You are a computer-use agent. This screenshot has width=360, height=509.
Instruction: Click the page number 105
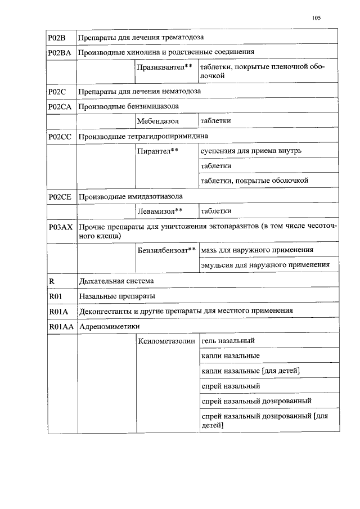click(316, 18)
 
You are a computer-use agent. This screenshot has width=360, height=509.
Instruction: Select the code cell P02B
click(57, 37)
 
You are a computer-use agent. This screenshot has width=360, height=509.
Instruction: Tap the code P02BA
click(60, 52)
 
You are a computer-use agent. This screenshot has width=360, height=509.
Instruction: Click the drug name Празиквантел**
click(164, 67)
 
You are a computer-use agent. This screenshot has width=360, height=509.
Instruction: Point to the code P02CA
click(60, 106)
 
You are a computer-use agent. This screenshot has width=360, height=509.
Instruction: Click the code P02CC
click(60, 136)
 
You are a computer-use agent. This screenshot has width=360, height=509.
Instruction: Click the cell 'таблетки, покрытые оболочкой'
click(254, 181)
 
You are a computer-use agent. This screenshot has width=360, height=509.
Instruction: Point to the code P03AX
click(60, 227)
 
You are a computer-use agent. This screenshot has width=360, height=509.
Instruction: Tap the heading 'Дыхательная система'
click(116, 280)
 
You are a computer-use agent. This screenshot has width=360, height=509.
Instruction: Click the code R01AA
click(60, 326)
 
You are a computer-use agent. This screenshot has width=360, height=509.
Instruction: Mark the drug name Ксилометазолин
click(166, 341)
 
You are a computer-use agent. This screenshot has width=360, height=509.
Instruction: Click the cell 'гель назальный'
click(228, 341)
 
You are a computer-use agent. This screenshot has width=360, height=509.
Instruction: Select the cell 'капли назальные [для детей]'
click(249, 371)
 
